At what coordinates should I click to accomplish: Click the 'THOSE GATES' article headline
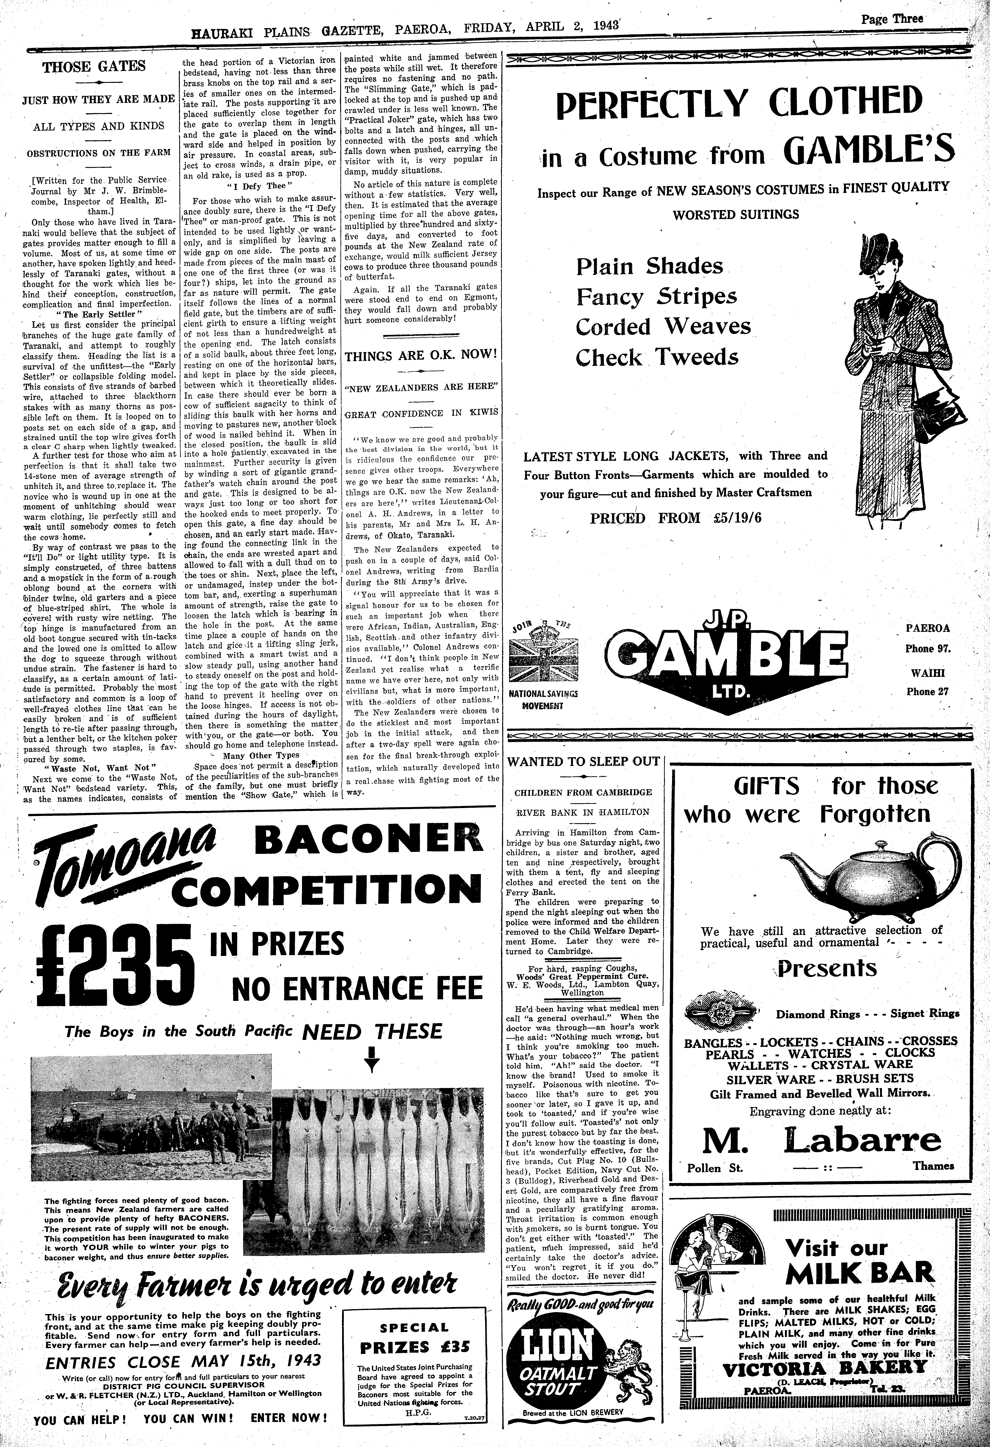[x=94, y=67]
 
